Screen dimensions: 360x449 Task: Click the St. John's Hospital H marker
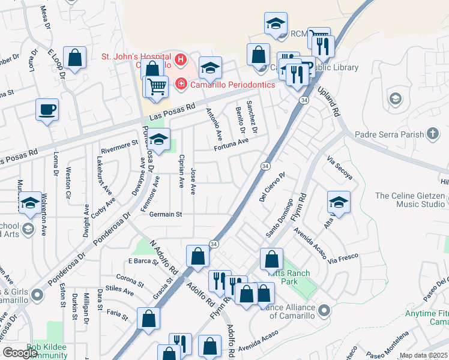pyautogui.click(x=179, y=61)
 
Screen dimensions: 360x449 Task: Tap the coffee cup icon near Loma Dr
pyautogui.click(x=47, y=110)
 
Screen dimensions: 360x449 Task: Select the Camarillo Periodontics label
pyautogui.click(x=232, y=85)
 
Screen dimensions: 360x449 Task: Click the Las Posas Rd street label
pyautogui.click(x=173, y=111)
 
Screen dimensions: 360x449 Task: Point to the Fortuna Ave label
pyautogui.click(x=232, y=142)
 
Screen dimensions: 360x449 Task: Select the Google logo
pyautogui.click(x=20, y=353)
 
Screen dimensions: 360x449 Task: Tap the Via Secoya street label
pyautogui.click(x=339, y=169)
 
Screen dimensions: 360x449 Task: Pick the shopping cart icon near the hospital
pyautogui.click(x=157, y=87)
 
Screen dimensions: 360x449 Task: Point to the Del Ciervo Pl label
pyautogui.click(x=271, y=188)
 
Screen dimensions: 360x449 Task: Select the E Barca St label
pyautogui.click(x=142, y=261)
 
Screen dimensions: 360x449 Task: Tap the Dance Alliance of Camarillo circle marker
pyautogui.click(x=325, y=310)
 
